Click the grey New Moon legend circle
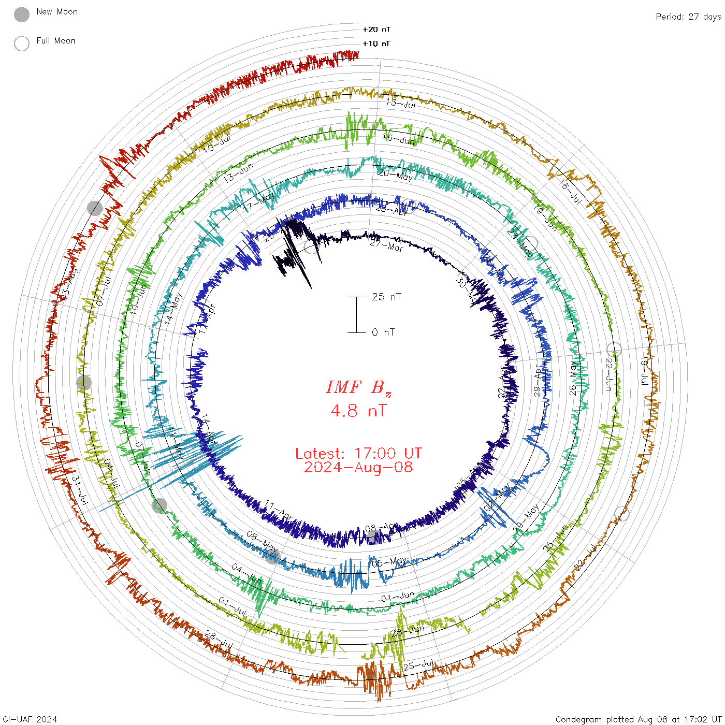point(22,15)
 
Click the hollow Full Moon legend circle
point(22,44)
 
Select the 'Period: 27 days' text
point(688,17)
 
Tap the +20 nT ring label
point(376,30)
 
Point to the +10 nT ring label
point(376,44)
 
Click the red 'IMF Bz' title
point(358,388)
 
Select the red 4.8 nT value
point(358,411)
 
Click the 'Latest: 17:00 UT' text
point(358,454)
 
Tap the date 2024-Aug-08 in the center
point(358,468)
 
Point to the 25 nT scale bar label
point(386,297)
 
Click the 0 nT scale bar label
point(383,332)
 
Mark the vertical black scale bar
point(356,315)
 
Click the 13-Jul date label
point(401,103)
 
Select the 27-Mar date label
point(386,245)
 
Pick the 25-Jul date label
point(418,665)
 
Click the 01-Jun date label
point(398,597)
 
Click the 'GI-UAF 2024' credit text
point(30,719)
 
